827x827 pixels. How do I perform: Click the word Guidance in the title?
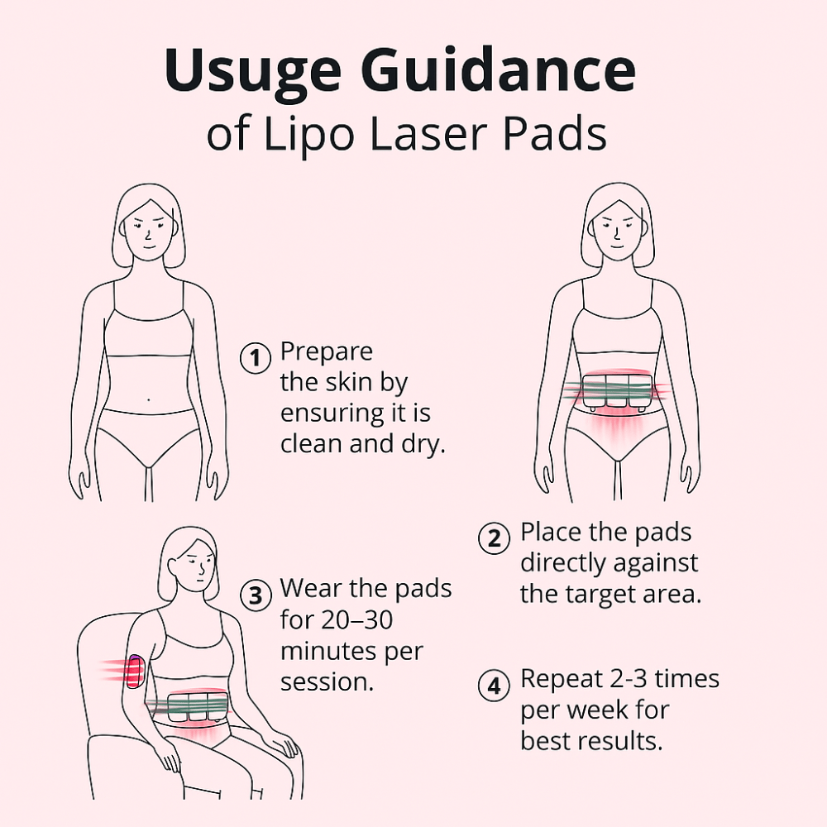(499, 69)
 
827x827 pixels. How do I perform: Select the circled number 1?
(256, 358)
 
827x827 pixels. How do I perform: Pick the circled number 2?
(494, 538)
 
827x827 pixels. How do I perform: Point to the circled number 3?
(256, 595)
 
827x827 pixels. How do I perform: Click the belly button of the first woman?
(148, 399)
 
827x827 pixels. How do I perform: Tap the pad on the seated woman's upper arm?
(135, 671)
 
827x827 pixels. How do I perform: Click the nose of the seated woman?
(202, 569)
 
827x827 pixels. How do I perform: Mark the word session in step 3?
(327, 682)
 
